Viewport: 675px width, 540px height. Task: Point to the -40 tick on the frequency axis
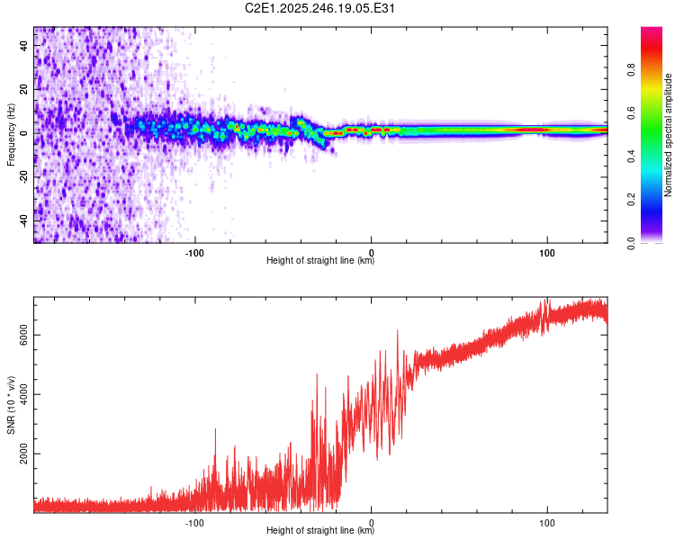pyautogui.click(x=24, y=220)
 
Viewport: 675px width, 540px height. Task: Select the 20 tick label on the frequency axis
pyautogui.click(x=24, y=89)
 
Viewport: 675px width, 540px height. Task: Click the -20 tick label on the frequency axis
pyautogui.click(x=24, y=176)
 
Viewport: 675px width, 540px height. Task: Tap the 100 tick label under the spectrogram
pyautogui.click(x=546, y=252)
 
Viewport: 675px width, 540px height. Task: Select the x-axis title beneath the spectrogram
pyautogui.click(x=320, y=261)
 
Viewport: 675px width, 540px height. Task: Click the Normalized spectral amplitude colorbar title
pyautogui.click(x=668, y=135)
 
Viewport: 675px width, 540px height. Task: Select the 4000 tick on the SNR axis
pyautogui.click(x=24, y=395)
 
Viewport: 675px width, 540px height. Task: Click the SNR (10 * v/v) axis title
pyautogui.click(x=11, y=405)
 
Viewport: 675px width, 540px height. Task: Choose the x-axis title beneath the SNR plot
pyautogui.click(x=320, y=531)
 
